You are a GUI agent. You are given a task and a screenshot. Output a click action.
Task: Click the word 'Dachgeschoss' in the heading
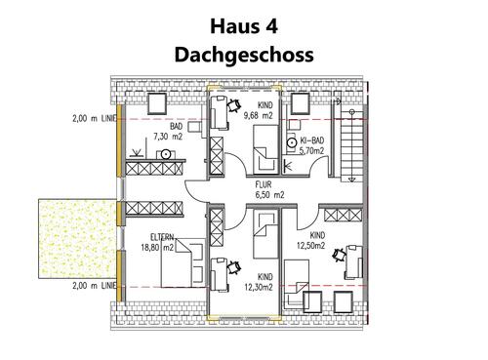click(x=243, y=54)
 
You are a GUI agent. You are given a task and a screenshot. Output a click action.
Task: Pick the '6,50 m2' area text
click(x=264, y=195)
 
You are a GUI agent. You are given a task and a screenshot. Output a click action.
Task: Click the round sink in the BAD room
click(x=166, y=154)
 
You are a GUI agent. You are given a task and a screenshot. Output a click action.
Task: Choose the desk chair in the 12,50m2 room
click(x=341, y=256)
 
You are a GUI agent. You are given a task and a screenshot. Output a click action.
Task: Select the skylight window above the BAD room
click(x=155, y=102)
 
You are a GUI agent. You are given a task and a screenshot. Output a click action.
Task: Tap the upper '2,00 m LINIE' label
click(x=94, y=119)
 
